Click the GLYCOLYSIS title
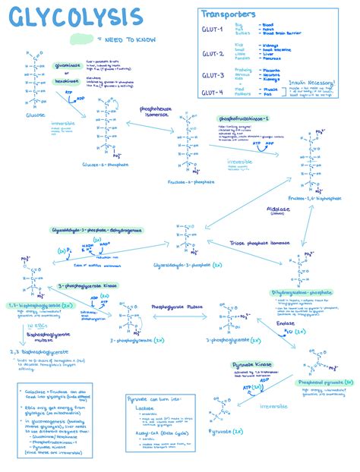72,17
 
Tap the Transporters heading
229,14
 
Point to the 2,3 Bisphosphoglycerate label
36,352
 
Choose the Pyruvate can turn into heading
156,398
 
